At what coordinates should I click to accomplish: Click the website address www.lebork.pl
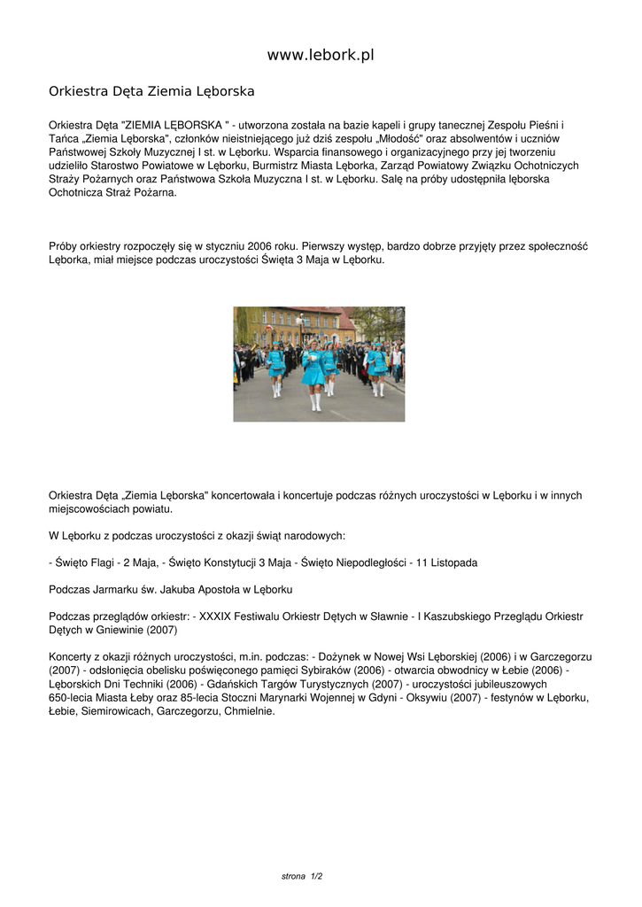tap(321, 55)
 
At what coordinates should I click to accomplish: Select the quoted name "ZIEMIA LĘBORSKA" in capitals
tap(174, 125)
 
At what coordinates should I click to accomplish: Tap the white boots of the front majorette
tap(314, 403)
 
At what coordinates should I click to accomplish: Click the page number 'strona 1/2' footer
tap(302, 876)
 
